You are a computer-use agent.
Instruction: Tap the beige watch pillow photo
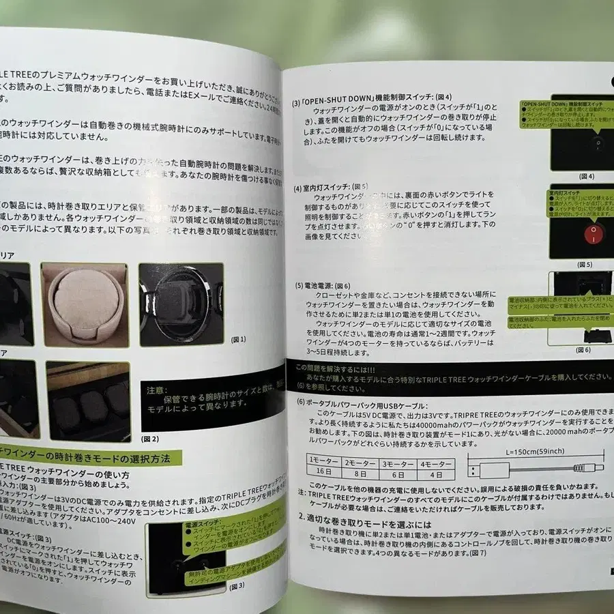(86, 302)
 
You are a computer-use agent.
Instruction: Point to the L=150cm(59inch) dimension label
(536, 452)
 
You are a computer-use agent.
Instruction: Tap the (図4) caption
(587, 175)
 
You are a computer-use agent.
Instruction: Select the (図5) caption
(585, 264)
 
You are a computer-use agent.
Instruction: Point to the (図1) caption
(239, 339)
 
